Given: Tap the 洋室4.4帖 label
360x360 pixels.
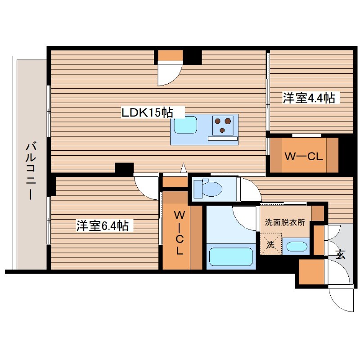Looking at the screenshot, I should pyautogui.click(x=309, y=98).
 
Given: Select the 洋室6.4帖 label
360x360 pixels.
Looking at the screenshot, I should pyautogui.click(x=102, y=226).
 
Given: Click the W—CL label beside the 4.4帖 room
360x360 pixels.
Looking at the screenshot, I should pyautogui.click(x=304, y=156).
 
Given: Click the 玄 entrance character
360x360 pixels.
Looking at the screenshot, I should pyautogui.click(x=340, y=255).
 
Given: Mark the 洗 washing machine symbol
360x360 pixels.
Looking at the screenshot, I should pyautogui.click(x=270, y=244).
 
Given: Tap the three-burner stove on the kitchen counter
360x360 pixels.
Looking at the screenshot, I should pyautogui.click(x=223, y=125).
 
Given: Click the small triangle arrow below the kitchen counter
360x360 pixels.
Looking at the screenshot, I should pyautogui.click(x=183, y=168).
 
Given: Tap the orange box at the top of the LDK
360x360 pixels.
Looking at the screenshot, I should pyautogui.click(x=170, y=56).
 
